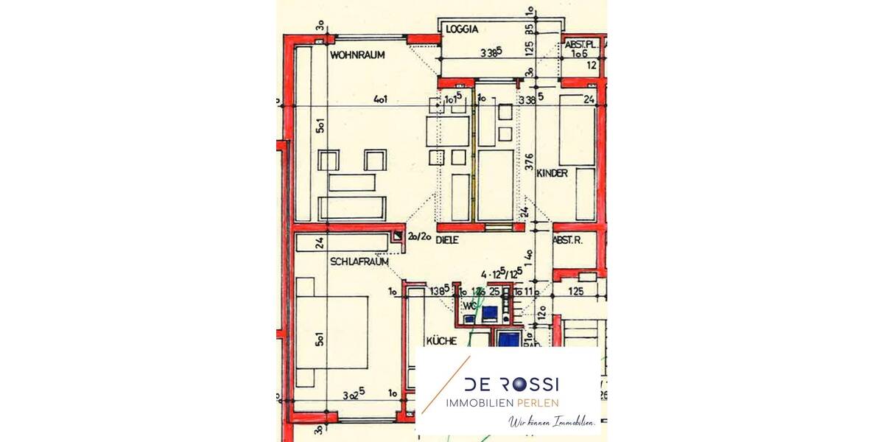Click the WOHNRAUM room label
pyautogui.click(x=357, y=55)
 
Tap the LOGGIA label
pyautogui.click(x=463, y=30)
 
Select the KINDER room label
pyautogui.click(x=552, y=173)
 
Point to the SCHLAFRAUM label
pyautogui.click(x=359, y=262)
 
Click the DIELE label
pyautogui.click(x=447, y=240)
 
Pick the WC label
pyautogui.click(x=469, y=306)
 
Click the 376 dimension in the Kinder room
pyautogui.click(x=529, y=161)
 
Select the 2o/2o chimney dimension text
pyautogui.click(x=421, y=236)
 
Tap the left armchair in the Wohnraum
pyautogui.click(x=329, y=160)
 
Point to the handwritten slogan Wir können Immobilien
pyautogui.click(x=552, y=422)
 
